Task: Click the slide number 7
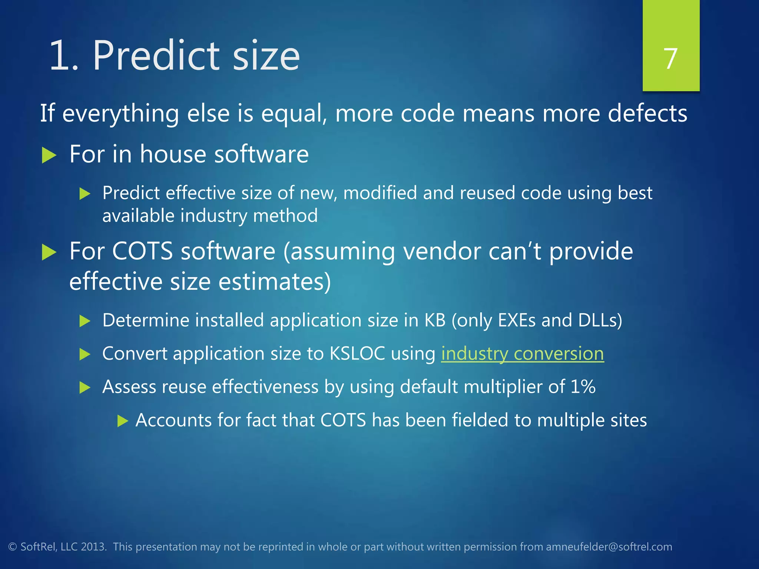coord(670,59)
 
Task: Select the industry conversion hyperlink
coord(522,354)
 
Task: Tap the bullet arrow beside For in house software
coord(49,155)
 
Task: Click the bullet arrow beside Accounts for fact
coord(122,421)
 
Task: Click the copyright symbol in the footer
coord(13,547)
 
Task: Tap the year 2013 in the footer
coord(93,547)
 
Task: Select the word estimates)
coord(274,282)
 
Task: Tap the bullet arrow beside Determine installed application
coord(85,321)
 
